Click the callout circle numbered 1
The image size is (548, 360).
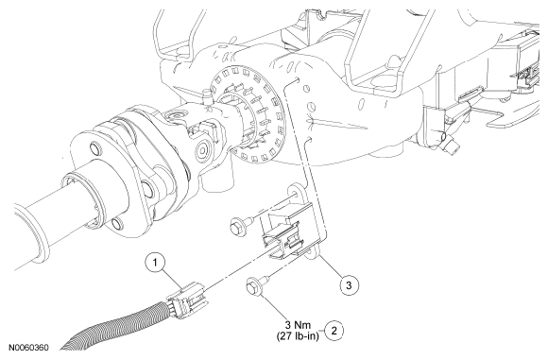(x=156, y=263)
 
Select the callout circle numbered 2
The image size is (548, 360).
(x=334, y=331)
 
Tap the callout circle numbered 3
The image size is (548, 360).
(x=349, y=284)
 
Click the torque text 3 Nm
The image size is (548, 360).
(x=298, y=325)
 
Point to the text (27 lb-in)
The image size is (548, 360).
(x=298, y=336)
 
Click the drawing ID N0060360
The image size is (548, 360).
(x=28, y=348)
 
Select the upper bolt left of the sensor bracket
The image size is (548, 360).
(x=242, y=224)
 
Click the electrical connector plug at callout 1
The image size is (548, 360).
(x=188, y=300)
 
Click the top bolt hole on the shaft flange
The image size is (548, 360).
(x=94, y=148)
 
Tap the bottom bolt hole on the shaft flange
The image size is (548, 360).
(x=117, y=223)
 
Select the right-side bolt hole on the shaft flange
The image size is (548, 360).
(x=147, y=189)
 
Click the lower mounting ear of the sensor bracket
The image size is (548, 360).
(x=313, y=251)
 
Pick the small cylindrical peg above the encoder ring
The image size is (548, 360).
(x=206, y=96)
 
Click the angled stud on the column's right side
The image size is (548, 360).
(x=452, y=144)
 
